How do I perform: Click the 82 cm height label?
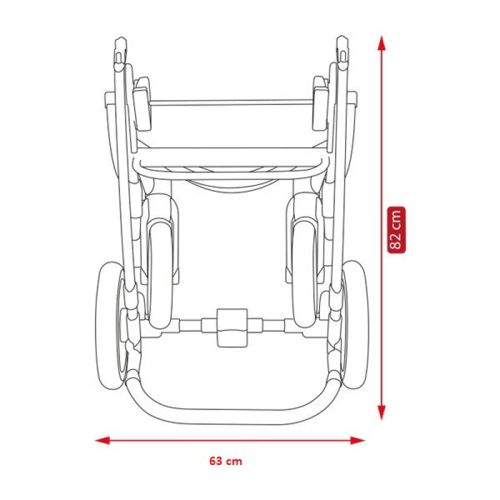click(396, 230)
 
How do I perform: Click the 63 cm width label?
click(226, 461)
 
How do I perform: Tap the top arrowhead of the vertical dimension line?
click(381, 43)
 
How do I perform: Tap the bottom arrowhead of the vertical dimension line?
click(381, 412)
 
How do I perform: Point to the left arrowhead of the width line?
click(102, 441)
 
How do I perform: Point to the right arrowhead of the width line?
click(357, 441)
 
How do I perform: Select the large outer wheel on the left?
click(110, 325)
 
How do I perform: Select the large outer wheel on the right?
click(354, 324)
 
